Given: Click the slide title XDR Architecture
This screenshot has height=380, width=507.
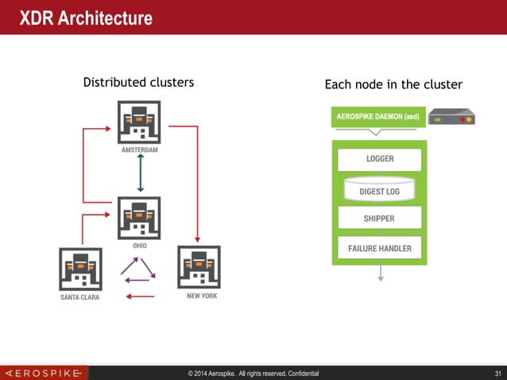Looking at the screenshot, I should coord(86,17).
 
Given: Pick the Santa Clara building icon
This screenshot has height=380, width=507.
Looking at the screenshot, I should coord(80,268).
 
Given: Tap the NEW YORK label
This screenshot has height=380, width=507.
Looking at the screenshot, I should coord(201,296).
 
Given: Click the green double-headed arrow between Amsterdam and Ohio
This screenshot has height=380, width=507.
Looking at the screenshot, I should coord(140,173).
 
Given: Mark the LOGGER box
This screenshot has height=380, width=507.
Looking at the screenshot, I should coord(380,159).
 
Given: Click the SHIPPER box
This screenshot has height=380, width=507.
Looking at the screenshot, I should coord(379,218).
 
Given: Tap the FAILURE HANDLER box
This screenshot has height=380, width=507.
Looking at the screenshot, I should coord(380,248).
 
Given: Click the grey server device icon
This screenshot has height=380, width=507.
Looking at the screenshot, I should coord(451,118).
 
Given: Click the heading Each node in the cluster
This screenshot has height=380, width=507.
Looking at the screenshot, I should coord(393,84).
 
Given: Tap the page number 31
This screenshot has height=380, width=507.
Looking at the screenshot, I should coord(497,373).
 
